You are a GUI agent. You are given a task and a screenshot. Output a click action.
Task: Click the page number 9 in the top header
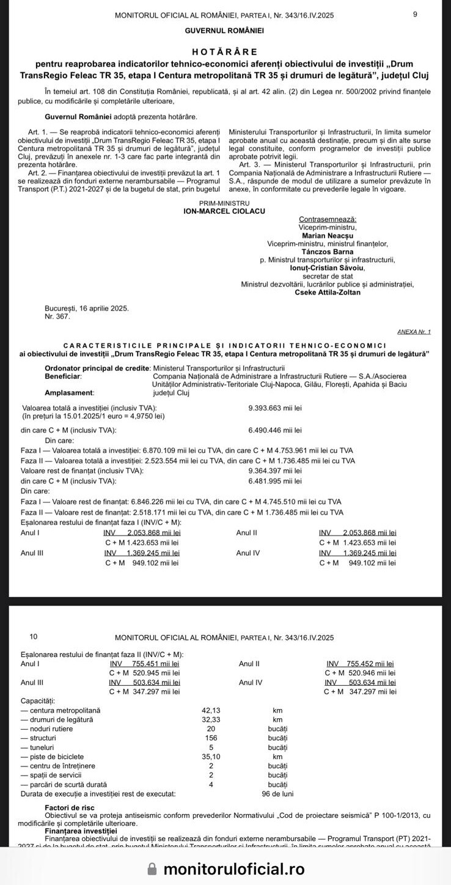click(x=416, y=15)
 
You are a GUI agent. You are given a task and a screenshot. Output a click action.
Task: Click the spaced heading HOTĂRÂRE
click(x=225, y=52)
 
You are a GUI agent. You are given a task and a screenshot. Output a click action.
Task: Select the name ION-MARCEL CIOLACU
click(x=225, y=211)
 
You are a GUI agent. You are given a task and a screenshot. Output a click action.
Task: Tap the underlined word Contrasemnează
click(x=328, y=219)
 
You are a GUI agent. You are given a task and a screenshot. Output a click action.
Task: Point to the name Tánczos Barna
click(x=328, y=251)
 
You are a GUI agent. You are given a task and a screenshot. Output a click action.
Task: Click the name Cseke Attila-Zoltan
click(x=328, y=292)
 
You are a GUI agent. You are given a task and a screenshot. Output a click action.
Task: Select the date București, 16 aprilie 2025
click(x=87, y=309)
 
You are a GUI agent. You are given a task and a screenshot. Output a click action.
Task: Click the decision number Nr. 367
click(x=57, y=316)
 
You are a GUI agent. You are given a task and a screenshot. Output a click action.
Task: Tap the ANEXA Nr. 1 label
click(x=414, y=332)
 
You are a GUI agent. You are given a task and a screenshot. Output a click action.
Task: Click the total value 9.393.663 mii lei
click(x=275, y=408)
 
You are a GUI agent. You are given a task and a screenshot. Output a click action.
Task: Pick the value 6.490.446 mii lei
click(x=275, y=430)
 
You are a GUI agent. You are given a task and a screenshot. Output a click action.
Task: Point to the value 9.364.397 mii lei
click(x=275, y=471)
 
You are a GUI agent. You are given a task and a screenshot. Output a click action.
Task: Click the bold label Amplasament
click(x=69, y=392)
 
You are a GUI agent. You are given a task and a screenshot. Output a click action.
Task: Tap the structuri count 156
click(x=211, y=738)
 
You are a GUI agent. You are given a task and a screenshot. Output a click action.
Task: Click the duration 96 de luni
click(x=277, y=794)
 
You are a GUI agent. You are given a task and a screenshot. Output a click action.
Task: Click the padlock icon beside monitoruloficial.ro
click(x=153, y=869)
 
